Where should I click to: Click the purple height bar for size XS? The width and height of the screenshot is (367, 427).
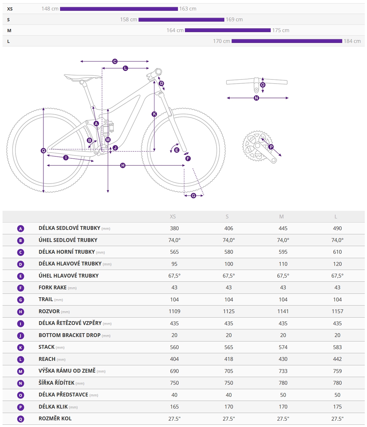[x=119, y=9]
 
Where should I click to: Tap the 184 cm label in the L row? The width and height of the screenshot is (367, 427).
[x=352, y=41]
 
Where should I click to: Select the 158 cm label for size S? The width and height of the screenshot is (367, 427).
[x=128, y=19]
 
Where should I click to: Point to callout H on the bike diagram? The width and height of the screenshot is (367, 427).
[x=123, y=165]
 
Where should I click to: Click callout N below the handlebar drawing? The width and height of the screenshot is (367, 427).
[x=256, y=98]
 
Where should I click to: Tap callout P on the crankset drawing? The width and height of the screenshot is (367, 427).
[x=271, y=147]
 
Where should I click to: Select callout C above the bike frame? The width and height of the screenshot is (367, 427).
[x=115, y=61]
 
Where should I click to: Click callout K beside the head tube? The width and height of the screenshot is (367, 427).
[x=154, y=114]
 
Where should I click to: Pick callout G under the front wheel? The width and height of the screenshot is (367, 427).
[x=194, y=196]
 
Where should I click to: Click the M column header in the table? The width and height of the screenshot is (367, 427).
[x=281, y=217]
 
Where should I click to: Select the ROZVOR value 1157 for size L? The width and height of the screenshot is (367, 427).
[x=337, y=311]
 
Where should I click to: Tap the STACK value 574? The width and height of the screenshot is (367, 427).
[x=283, y=347]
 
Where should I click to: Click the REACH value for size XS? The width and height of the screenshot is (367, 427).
[x=174, y=359]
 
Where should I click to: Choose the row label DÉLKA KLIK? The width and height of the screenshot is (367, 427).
[x=53, y=407]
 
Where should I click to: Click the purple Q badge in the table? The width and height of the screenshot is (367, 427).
[x=21, y=419]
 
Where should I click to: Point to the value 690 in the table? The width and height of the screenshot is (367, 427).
[x=174, y=371]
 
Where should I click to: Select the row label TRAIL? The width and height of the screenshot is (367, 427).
[x=46, y=300]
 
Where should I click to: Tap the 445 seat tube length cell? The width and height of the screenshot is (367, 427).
[x=283, y=228]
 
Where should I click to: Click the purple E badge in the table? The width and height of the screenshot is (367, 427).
[x=21, y=276]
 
